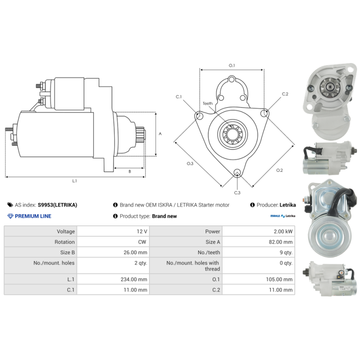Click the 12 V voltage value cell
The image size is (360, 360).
(x=113, y=231)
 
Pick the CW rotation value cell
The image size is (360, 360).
(x=113, y=242)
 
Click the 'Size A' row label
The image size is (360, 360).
(x=212, y=242)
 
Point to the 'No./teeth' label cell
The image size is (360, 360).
(x=186, y=252)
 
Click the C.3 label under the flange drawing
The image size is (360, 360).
(x=237, y=193)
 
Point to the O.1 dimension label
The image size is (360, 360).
(x=232, y=65)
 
